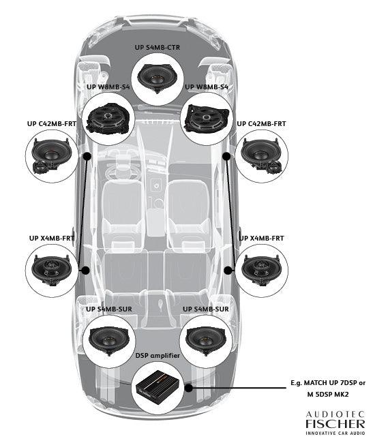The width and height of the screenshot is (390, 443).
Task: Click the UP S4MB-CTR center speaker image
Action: (x=158, y=76)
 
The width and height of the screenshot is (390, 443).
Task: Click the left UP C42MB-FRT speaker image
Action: (x=52, y=155)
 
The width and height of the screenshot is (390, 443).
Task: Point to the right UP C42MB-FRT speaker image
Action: (x=264, y=155)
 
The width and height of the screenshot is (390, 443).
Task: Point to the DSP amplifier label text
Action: (x=158, y=356)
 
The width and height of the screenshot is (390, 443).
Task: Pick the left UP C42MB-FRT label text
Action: (x=51, y=124)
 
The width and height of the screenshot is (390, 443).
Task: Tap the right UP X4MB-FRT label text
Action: (x=261, y=238)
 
